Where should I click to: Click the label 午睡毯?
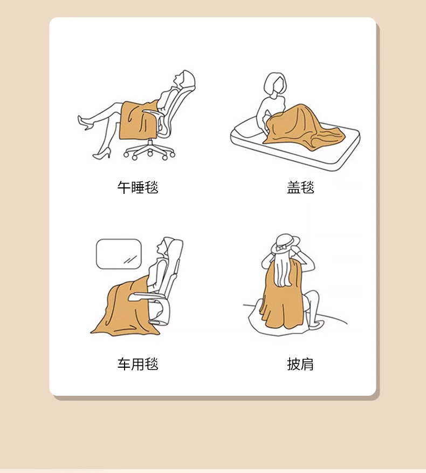pos(138,187)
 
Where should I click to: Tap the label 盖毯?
pos(300,187)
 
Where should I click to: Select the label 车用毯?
pos(138,364)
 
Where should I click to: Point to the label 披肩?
pos(300,364)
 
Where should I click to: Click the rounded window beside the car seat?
pos(119,254)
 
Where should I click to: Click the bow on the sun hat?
pos(281,248)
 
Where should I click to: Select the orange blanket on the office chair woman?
pos(138,120)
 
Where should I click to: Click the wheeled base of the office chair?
pos(149,150)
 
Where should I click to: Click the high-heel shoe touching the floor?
pos(102,154)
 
